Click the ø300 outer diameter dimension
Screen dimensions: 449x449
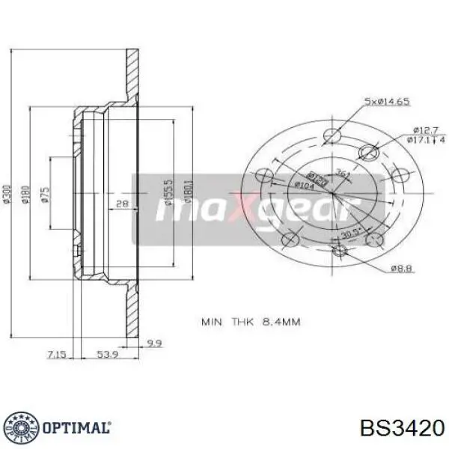point(8,195)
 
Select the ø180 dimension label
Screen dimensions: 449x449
point(25,195)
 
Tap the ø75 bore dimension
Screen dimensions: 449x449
point(46,195)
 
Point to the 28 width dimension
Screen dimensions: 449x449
point(122,204)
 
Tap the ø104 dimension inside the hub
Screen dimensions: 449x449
point(304,186)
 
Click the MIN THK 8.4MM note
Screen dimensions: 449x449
point(250,323)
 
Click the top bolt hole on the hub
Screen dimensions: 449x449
point(332,135)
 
